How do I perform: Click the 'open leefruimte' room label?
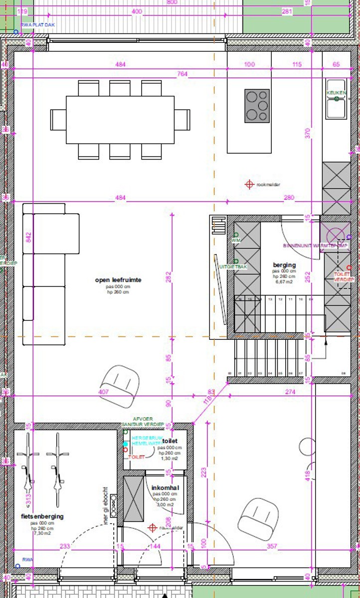(x=118, y=280)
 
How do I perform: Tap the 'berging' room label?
(x=284, y=265)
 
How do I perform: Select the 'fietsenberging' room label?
(x=42, y=516)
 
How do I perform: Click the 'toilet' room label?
(x=170, y=441)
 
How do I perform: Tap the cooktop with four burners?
(x=257, y=106)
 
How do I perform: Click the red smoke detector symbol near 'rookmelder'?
(x=249, y=184)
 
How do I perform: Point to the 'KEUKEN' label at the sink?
(x=336, y=93)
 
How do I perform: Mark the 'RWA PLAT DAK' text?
(x=38, y=24)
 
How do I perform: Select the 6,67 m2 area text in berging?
(x=284, y=282)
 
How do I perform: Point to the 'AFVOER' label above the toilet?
(x=143, y=419)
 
